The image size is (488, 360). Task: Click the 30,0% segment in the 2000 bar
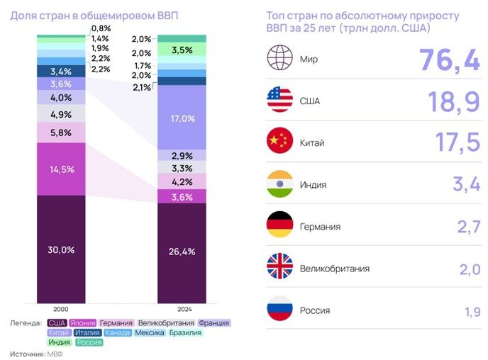coord(60,249)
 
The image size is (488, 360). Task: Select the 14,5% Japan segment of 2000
coord(60,170)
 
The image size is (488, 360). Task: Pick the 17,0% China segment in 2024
coord(182,118)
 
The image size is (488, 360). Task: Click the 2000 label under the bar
coord(60,309)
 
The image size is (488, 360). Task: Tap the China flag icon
coord(279,142)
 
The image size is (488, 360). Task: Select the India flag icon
coord(279,184)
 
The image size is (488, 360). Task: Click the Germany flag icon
coord(279,226)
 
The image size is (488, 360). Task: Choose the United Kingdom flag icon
coord(279,268)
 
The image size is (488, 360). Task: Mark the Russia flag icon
coord(279,310)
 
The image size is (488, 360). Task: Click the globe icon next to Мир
coord(279,59)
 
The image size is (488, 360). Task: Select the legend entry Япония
coord(83,322)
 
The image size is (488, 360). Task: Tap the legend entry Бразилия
coord(184,332)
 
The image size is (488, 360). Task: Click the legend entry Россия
coord(89,342)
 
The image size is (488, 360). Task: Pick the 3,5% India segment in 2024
coord(182,50)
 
